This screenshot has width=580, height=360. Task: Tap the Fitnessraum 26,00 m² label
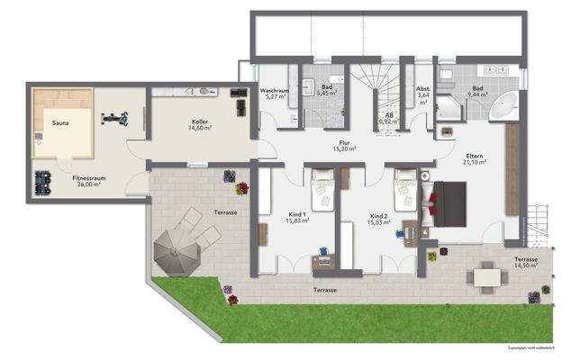tap(87, 181)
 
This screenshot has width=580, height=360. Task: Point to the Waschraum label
tap(275, 95)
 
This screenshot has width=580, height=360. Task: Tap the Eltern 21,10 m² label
tap(475, 158)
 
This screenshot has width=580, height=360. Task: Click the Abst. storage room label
tap(422, 95)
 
